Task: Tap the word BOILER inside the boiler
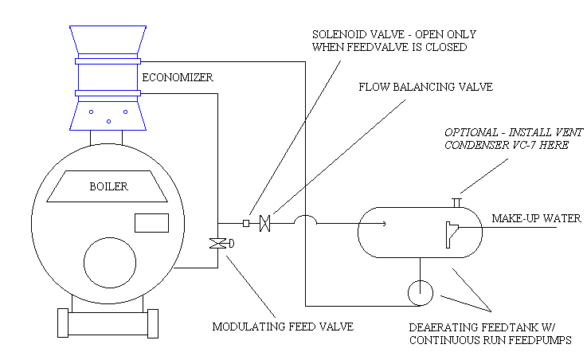[x=108, y=187]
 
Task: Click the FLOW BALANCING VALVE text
[x=419, y=87]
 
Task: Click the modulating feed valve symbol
[x=215, y=244]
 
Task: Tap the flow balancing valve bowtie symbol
[x=267, y=224]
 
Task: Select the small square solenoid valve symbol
[x=245, y=224]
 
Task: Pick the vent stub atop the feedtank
[x=457, y=201]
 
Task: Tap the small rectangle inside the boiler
[x=152, y=222]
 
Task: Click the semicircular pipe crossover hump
[x=304, y=219]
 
